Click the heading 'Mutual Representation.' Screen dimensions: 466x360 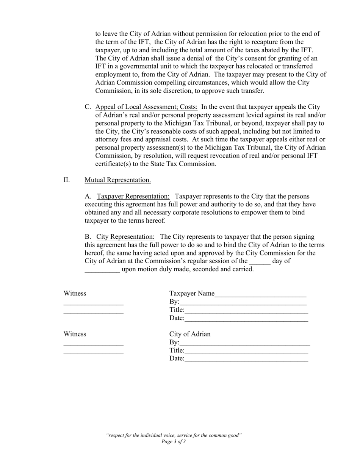pyautogui.click(x=117, y=180)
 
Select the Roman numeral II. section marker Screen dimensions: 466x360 pyautogui.click(x=67, y=180)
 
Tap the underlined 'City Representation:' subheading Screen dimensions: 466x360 pyautogui.click(x=125, y=237)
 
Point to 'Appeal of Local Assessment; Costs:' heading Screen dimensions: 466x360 pyautogui.click(x=146, y=107)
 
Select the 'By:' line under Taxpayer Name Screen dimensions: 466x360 pyautogui.click(x=243, y=303)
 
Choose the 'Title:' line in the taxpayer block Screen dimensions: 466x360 pyautogui.click(x=246, y=311)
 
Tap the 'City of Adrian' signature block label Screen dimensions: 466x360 pyautogui.click(x=190, y=334)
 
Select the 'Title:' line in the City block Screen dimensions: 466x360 pyautogui.click(x=246, y=351)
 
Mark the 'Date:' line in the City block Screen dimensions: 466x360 pyautogui.click(x=246, y=359)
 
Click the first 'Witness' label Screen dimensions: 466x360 pyautogui.click(x=75, y=294)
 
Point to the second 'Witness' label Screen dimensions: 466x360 pyautogui.click(x=75, y=334)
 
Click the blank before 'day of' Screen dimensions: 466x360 pyautogui.click(x=260, y=262)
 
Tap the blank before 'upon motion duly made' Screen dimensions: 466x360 pyautogui.click(x=102, y=270)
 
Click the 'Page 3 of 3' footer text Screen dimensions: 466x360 pyautogui.click(x=174, y=442)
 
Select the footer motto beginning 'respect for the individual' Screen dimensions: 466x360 pyautogui.click(x=174, y=435)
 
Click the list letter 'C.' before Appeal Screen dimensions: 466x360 pyautogui.click(x=88, y=107)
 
